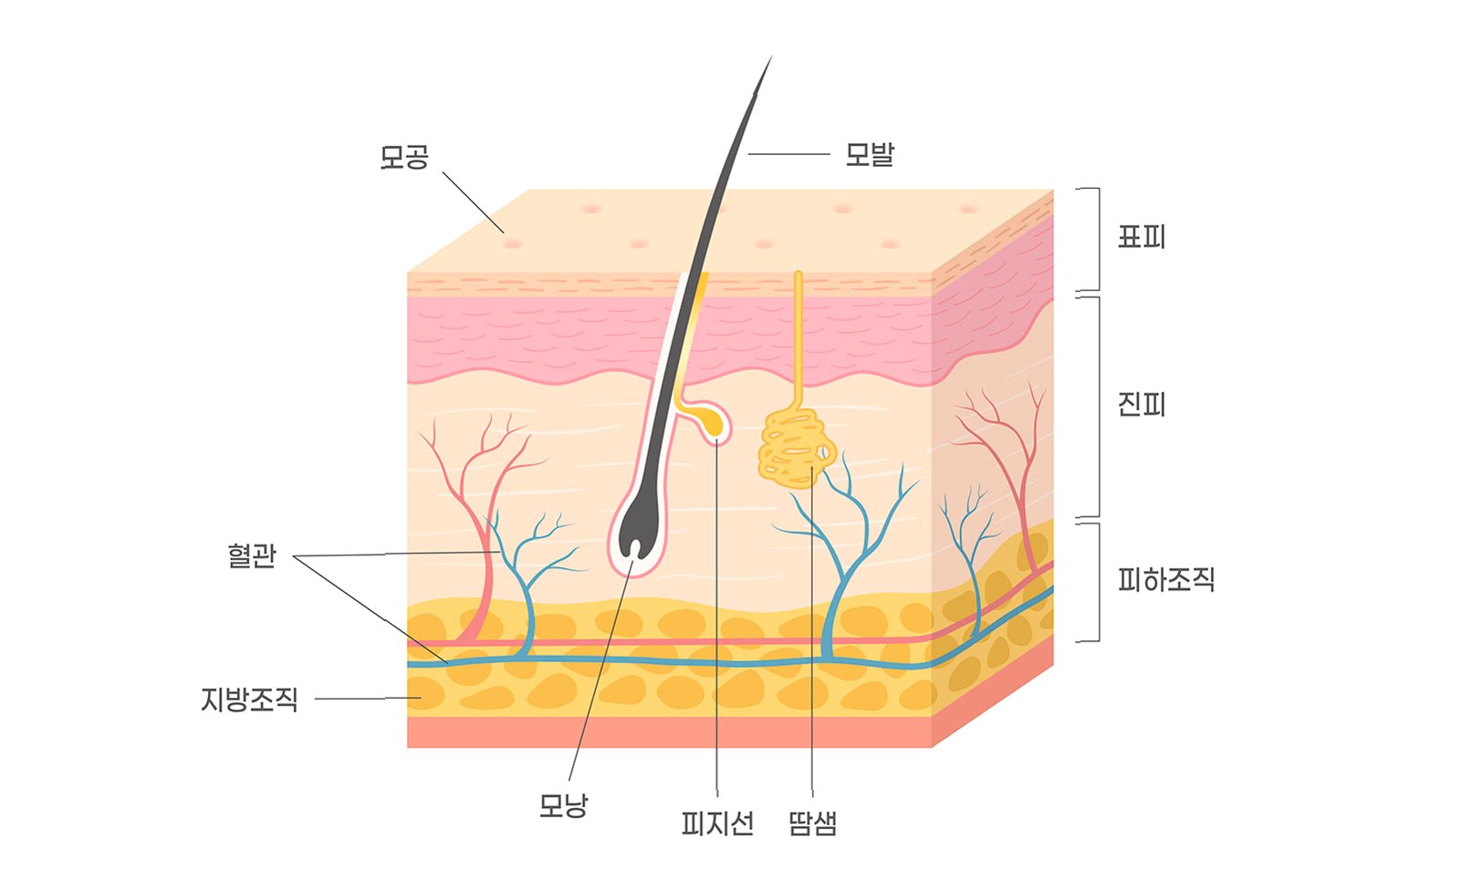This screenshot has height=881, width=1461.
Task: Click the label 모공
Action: tap(403, 157)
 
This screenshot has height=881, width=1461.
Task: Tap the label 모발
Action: tap(869, 154)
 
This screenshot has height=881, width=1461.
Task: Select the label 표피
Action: tap(1142, 237)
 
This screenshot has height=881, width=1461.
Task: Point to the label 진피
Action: tap(1142, 404)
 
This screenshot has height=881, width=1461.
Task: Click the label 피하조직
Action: tap(1166, 579)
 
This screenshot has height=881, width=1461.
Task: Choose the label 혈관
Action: tap(251, 555)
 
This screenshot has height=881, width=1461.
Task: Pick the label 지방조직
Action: tap(249, 700)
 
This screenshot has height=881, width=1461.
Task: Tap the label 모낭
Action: tap(563, 805)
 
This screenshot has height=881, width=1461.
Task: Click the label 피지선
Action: tap(717, 824)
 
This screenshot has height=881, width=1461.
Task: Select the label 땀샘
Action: tap(811, 824)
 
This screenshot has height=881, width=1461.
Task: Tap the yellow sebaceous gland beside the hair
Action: tap(710, 421)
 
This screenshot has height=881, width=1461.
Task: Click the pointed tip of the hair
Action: tap(769, 60)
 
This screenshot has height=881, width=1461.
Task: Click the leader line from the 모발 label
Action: tap(788, 154)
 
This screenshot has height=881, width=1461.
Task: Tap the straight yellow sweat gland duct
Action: tap(798, 337)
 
